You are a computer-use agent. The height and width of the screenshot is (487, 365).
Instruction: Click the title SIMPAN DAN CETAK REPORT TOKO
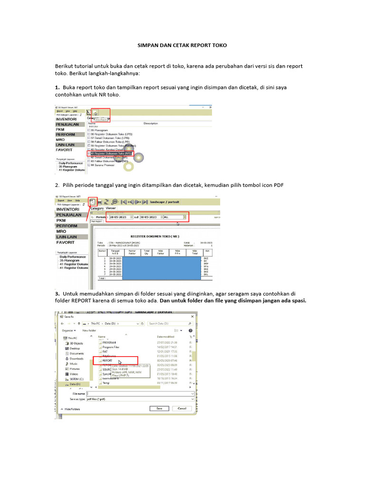coord(182,45)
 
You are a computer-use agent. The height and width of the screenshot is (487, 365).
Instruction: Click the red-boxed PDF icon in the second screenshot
coord(92,202)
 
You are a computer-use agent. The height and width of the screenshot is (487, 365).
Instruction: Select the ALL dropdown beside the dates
coord(174,217)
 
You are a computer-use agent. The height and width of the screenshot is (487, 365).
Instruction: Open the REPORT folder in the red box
coord(108,360)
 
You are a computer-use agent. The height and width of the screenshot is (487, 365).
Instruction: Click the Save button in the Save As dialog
coord(159,408)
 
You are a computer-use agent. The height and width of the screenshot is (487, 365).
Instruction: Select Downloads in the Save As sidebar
coord(77,359)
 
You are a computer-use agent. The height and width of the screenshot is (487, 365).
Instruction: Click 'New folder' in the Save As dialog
coord(89,330)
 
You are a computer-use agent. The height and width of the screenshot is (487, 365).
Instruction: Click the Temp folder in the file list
coord(106,383)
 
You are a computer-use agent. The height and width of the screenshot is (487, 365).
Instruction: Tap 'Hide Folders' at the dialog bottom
coord(72,409)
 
